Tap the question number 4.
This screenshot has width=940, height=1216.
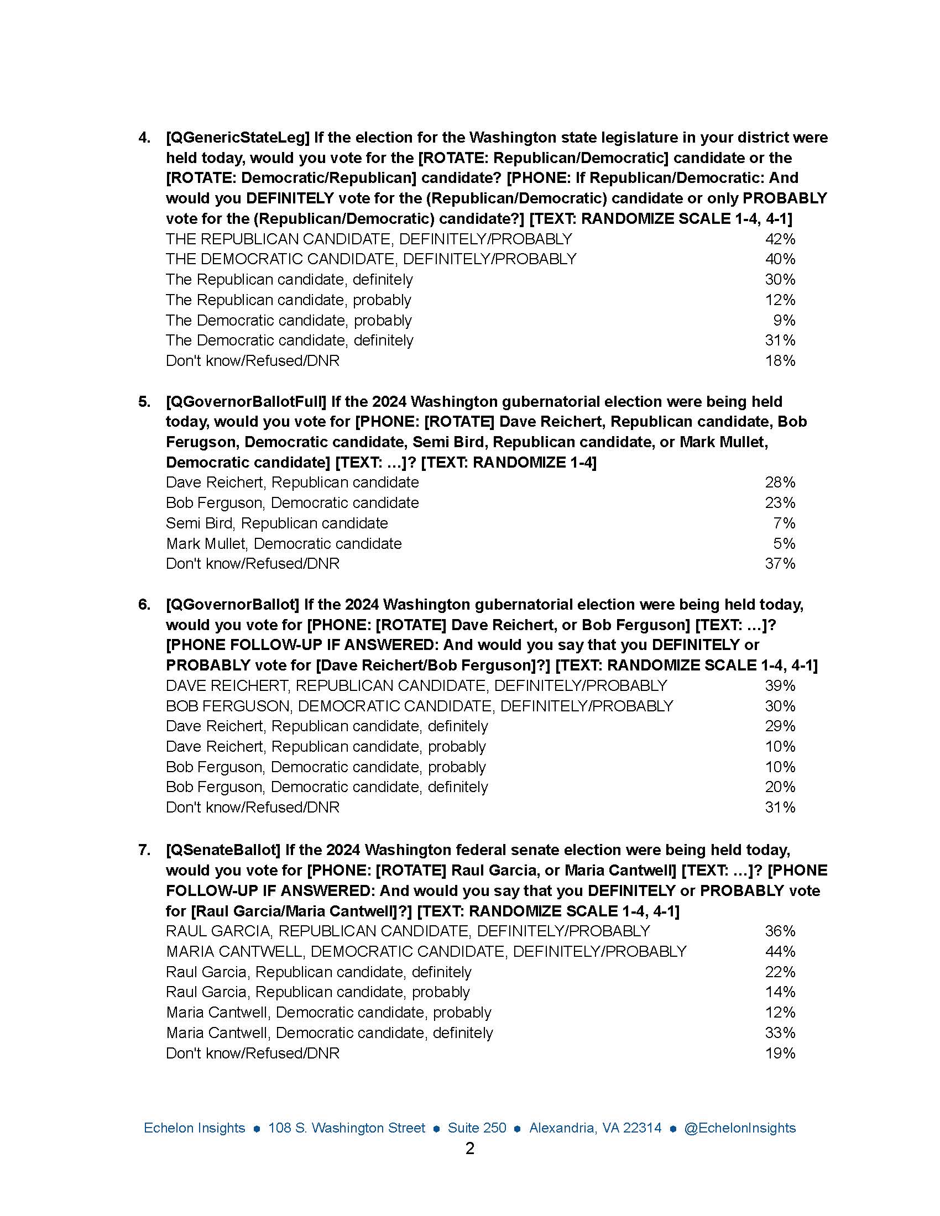(x=144, y=138)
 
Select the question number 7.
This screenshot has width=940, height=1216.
(x=144, y=850)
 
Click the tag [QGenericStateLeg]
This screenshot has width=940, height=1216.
(x=237, y=138)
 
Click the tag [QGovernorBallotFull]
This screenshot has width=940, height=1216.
(x=246, y=401)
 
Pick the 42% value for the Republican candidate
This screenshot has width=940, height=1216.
(x=780, y=239)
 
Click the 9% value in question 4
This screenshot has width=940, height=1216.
(x=784, y=320)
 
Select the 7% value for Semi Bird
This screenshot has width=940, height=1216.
(x=784, y=523)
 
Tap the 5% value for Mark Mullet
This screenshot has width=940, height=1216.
(x=784, y=543)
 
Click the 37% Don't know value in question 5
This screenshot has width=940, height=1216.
(x=780, y=563)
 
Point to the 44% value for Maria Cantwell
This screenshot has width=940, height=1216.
(x=780, y=951)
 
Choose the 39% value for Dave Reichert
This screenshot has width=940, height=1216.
(x=780, y=685)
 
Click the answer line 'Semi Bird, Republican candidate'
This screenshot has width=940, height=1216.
(x=277, y=523)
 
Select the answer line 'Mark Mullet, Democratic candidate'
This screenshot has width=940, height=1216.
(x=284, y=543)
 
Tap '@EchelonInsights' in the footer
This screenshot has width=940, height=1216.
(x=739, y=1128)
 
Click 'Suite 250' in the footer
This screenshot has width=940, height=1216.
(x=477, y=1128)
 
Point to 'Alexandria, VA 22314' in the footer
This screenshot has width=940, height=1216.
(x=596, y=1128)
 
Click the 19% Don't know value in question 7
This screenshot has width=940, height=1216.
(x=780, y=1053)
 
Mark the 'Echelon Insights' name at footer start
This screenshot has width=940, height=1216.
(x=194, y=1128)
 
